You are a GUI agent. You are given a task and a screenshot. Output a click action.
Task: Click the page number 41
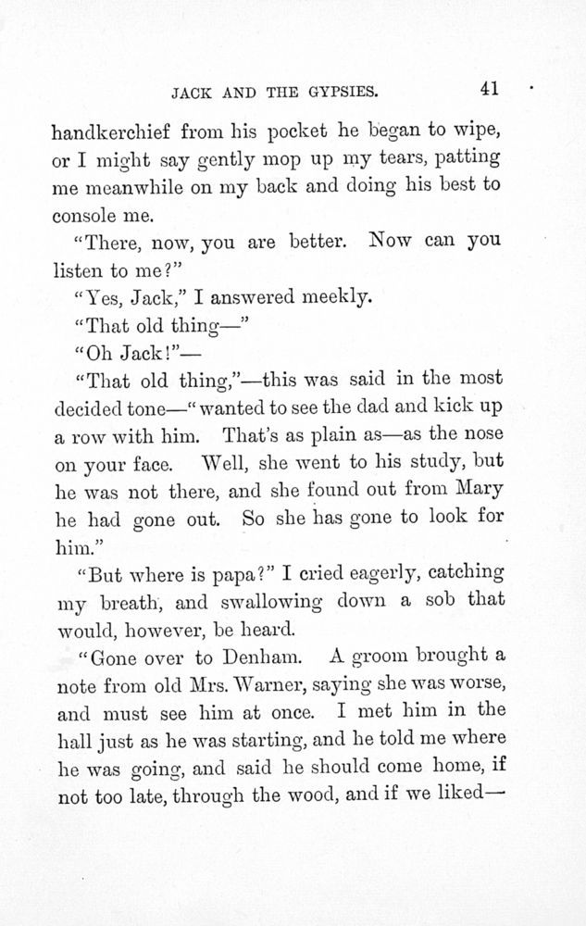click(x=490, y=89)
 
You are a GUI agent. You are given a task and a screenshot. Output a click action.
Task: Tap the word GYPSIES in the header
click(x=335, y=92)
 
